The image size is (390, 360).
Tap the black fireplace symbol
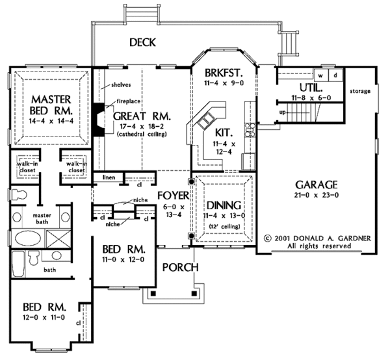click(98, 119)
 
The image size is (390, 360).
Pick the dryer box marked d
click(335, 75)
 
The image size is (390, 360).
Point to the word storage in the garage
click(360, 90)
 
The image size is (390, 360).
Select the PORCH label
click(175, 267)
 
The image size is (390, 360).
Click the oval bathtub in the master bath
click(29, 238)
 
